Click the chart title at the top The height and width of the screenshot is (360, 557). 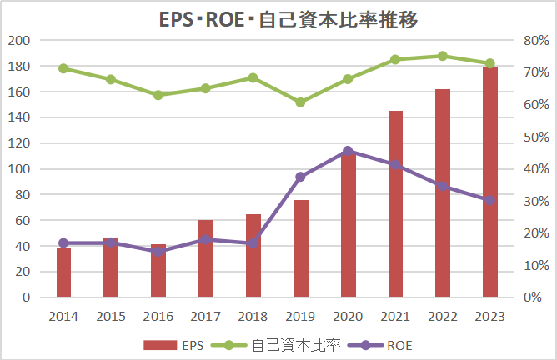pyautogui.click(x=278, y=18)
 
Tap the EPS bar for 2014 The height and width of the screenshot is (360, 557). pyautogui.click(x=63, y=272)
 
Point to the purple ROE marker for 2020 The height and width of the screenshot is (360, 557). pyautogui.click(x=348, y=151)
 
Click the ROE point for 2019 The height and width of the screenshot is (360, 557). pyautogui.click(x=300, y=177)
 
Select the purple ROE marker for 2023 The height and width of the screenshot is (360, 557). pyautogui.click(x=489, y=200)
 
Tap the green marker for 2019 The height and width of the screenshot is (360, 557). pyautogui.click(x=300, y=102)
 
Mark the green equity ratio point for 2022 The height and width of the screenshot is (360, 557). pyautogui.click(x=442, y=56)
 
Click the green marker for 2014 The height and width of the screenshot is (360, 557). pyautogui.click(x=63, y=68)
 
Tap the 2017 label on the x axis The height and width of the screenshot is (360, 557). pyautogui.click(x=205, y=316)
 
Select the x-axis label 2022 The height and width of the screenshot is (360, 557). pyautogui.click(x=442, y=316)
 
